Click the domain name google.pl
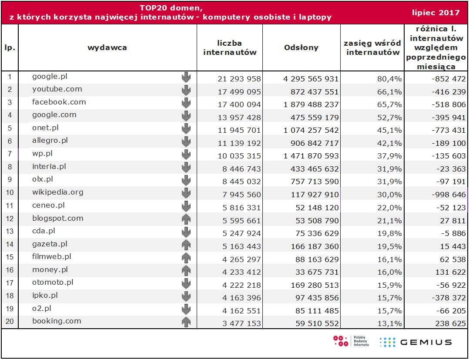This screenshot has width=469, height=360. pyautogui.click(x=50, y=77)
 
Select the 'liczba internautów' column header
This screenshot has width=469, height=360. pyautogui.click(x=230, y=48)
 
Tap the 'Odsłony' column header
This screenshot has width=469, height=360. pyautogui.click(x=301, y=48)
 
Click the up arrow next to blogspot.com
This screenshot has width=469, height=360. pyautogui.click(x=186, y=219)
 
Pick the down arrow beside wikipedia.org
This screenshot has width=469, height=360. pyautogui.click(x=186, y=192)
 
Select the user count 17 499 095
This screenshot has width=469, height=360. pyautogui.click(x=239, y=92)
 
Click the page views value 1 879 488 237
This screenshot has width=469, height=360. pyautogui.click(x=311, y=104)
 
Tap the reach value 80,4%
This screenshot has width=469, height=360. pyautogui.click(x=390, y=79)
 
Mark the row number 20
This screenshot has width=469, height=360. pyautogui.click(x=10, y=321)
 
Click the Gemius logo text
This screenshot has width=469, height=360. pyautogui.click(x=425, y=342)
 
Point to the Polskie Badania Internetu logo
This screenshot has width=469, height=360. pyautogui.click(x=351, y=341)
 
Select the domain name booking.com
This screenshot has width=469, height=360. pyautogui.click(x=57, y=321)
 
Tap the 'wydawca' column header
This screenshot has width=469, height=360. pyautogui.click(x=107, y=48)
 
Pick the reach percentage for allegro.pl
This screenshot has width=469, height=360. pyautogui.click(x=390, y=143)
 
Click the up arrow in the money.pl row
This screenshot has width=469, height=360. pyautogui.click(x=186, y=270)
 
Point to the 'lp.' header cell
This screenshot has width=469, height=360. pyautogui.click(x=10, y=48)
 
